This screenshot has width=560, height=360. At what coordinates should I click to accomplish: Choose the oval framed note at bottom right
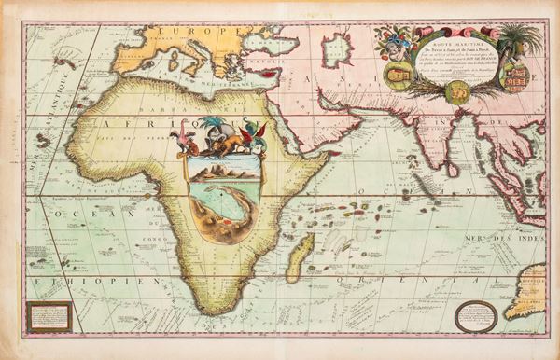tap(475, 315)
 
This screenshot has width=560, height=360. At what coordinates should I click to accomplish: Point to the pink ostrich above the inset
tap(183, 142)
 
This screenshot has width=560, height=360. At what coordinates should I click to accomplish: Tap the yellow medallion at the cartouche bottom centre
tap(458, 91)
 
